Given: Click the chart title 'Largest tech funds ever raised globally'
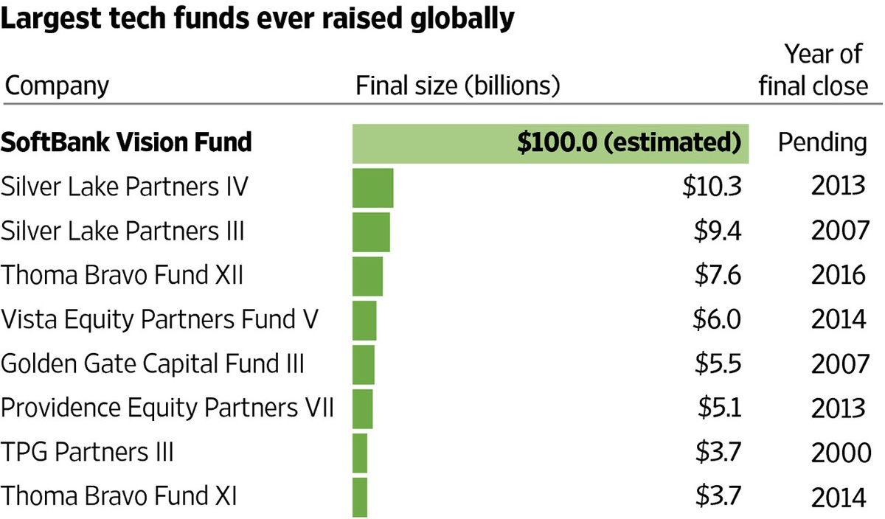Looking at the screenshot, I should point(257,19).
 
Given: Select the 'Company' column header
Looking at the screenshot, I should point(57,86).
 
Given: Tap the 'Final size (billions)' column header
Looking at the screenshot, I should point(458,86).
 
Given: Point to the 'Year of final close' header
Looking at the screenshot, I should point(813,70).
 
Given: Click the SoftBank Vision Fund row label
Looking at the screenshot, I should point(126,142).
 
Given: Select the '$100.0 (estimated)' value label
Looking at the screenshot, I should point(628,142).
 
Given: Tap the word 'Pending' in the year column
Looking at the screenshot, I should point(822,142).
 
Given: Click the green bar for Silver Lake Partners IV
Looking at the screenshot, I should point(373,187).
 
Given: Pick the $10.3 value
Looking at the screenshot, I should point(710,187).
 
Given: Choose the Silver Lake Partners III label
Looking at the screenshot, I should point(122,231).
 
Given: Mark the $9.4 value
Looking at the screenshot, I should point(716,231).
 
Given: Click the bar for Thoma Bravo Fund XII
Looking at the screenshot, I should point(368,276).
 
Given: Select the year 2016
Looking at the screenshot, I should point(838,276).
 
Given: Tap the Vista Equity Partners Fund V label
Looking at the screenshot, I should point(160,320).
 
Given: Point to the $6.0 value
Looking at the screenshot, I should point(716,320).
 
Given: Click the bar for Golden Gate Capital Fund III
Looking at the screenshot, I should point(364,364).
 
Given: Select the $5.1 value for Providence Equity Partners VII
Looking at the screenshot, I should point(719,408).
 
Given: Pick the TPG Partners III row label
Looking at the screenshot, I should point(87,452).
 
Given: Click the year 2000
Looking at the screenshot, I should point(841,452).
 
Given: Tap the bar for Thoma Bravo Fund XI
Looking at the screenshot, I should point(361,496).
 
